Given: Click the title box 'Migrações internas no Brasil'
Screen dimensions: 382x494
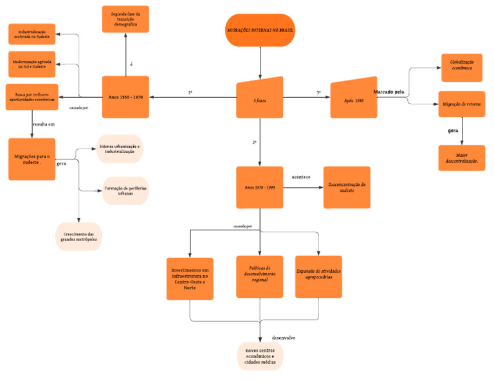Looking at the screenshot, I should [x=261, y=30].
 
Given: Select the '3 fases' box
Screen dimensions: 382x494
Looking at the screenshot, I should [x=260, y=98].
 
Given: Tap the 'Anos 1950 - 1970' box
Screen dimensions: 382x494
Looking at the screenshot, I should [x=125, y=97].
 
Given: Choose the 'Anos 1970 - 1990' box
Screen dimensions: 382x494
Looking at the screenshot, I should [x=260, y=187].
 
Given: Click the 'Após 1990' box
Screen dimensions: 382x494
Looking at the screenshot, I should [x=353, y=100].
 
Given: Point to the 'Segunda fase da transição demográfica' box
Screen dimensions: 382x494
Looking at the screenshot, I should [x=125, y=19].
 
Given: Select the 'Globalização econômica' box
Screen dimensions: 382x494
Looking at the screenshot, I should [x=461, y=68].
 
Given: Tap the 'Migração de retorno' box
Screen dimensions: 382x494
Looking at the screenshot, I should [x=461, y=104].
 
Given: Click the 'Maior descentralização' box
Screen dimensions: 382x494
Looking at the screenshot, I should [x=461, y=158].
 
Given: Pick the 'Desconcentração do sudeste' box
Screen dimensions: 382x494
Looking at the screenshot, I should [x=347, y=187].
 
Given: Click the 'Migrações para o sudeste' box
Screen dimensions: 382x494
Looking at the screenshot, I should [x=32, y=159].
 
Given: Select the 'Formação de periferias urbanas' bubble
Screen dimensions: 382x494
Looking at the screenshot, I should [x=125, y=191].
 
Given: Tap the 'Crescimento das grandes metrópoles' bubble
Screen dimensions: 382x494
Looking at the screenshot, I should [x=78, y=236].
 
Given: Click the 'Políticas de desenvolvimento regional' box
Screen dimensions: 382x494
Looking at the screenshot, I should [x=260, y=275].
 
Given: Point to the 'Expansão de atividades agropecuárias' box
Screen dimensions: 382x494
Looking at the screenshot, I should [x=318, y=275].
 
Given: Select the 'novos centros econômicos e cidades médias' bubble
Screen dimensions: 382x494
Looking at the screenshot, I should [x=260, y=356].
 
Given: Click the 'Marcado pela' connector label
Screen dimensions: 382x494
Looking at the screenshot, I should [x=389, y=92].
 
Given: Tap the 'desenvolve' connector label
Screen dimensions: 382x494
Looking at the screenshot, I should [x=284, y=337].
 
